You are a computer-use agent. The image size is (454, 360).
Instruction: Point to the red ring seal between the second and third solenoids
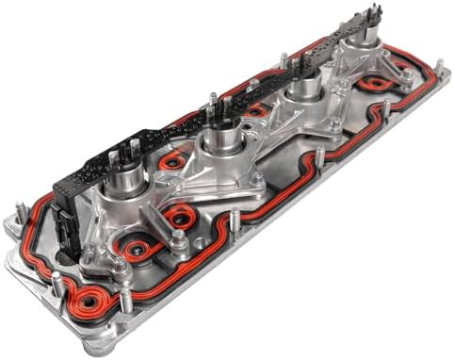(256, 112)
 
